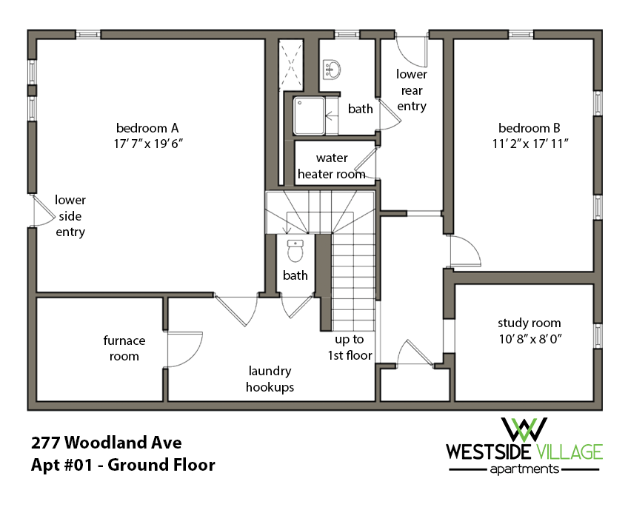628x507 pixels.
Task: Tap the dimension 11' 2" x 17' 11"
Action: pos(529,142)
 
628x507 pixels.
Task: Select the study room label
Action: pos(529,323)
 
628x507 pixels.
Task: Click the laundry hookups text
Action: pos(270,379)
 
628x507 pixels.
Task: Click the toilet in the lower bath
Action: pos(295,252)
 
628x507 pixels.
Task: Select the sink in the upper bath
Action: pos(333,70)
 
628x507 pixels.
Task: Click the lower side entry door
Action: pos(42,212)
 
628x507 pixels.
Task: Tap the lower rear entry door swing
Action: pos(411,50)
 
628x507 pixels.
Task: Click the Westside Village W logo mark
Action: pos(524,429)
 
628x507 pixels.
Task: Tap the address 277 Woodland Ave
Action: pos(107,443)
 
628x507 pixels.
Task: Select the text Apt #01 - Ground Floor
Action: pos(123,466)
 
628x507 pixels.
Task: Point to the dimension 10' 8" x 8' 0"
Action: pos(529,338)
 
